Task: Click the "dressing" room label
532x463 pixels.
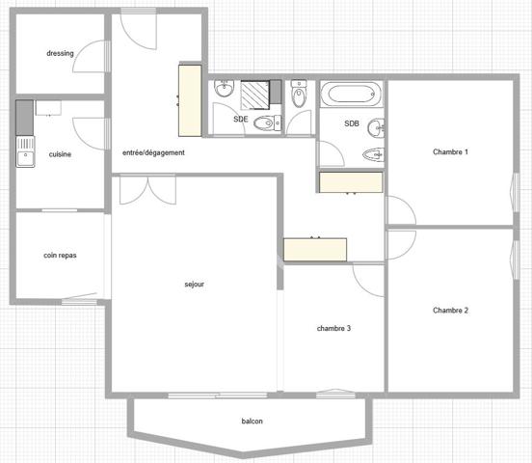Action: point(60,53)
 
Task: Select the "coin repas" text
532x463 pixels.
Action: point(60,256)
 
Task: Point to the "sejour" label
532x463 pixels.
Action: point(195,285)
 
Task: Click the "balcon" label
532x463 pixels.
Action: point(253,422)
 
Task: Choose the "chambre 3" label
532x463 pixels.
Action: point(333,328)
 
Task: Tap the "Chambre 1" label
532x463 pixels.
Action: point(450,152)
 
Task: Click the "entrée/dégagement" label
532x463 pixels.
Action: point(153,152)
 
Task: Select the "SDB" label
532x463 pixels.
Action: point(353,125)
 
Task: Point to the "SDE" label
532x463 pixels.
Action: point(241,119)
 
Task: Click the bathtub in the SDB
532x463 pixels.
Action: point(351,95)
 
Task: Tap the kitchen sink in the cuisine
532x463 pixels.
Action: point(24,151)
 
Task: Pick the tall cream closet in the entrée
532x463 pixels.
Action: point(189,100)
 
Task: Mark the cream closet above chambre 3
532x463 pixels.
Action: point(315,249)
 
